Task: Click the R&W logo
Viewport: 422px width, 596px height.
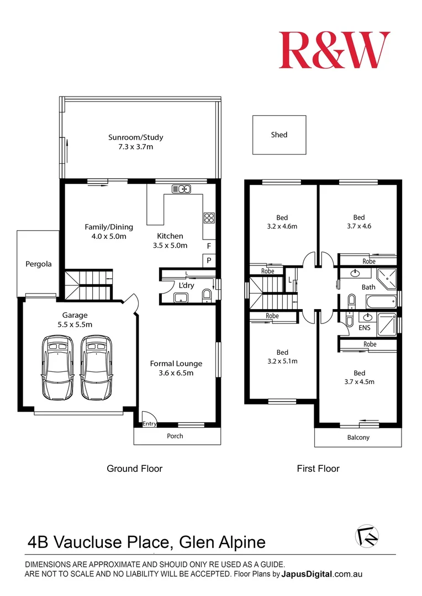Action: [x=334, y=50]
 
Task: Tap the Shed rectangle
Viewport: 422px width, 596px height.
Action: [x=279, y=135]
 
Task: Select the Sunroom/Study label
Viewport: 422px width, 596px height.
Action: [x=135, y=137]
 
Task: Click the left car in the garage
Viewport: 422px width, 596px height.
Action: [x=57, y=368]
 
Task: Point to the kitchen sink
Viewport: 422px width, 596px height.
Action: [x=181, y=189]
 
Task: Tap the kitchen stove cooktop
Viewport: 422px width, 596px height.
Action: [x=209, y=218]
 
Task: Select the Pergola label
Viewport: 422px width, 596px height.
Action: [x=39, y=264]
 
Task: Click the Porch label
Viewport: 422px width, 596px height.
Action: [x=175, y=436]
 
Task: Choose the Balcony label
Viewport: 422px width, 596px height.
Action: [x=358, y=437]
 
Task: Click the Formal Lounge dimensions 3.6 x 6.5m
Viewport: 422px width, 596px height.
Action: [x=176, y=373]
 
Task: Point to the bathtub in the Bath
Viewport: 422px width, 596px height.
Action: [x=381, y=301]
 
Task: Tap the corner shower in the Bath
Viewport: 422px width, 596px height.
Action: [x=387, y=278]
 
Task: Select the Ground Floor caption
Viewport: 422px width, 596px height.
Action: [x=134, y=469]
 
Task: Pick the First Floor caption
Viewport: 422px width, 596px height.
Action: [x=318, y=469]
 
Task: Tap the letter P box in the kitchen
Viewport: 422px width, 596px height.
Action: [x=209, y=260]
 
